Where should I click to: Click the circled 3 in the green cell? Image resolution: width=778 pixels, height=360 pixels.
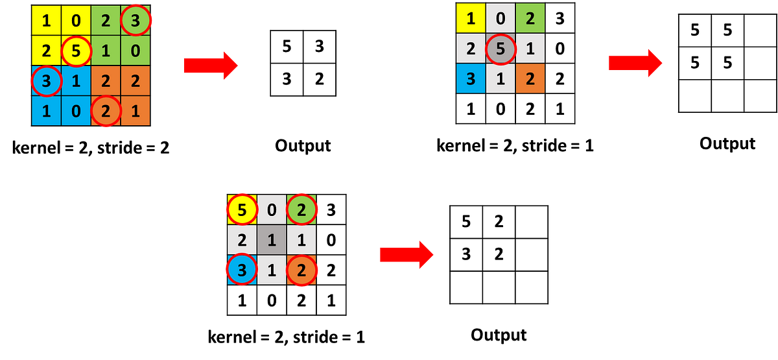(135, 21)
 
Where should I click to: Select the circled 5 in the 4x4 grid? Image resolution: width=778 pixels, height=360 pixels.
(76, 51)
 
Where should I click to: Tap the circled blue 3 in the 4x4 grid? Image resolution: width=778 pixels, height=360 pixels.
(47, 81)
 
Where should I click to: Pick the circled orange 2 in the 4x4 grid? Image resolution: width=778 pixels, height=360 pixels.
(106, 111)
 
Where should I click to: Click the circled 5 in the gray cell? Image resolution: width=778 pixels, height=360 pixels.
(501, 49)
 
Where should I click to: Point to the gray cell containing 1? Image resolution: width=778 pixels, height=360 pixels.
(272, 239)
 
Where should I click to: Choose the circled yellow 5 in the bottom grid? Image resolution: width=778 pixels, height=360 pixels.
(242, 210)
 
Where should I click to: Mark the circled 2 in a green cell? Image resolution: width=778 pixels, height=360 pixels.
(301, 210)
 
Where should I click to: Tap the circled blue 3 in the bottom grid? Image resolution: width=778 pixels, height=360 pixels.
(242, 269)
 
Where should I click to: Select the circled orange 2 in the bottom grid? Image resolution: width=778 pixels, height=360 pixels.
(301, 269)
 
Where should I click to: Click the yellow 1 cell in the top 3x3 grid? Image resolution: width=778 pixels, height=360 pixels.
(471, 18)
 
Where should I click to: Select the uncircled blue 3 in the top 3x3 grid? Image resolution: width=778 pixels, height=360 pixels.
(471, 79)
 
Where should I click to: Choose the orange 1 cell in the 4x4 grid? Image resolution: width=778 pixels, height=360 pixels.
(135, 111)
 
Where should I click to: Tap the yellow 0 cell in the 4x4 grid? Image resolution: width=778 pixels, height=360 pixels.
(76, 21)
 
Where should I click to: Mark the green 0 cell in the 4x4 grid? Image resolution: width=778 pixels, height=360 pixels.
(135, 51)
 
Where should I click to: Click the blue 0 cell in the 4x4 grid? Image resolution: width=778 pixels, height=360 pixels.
(76, 111)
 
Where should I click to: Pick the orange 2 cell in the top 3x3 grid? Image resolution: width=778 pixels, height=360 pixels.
(530, 79)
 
